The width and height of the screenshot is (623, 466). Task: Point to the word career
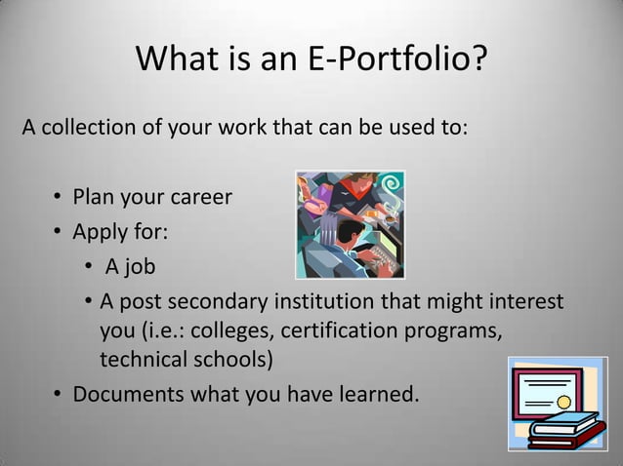[x=198, y=198]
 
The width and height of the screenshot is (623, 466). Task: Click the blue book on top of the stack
[x=565, y=425]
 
